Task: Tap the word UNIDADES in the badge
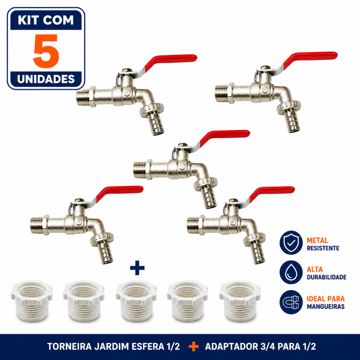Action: [x=46, y=79]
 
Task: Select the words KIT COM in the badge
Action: [x=46, y=20]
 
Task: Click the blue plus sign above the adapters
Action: [x=137, y=268]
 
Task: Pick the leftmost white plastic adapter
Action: [x=32, y=302]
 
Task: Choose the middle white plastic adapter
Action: [x=136, y=302]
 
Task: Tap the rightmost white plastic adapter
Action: [x=240, y=302]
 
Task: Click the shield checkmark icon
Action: [x=291, y=243]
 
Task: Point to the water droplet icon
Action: [x=291, y=272]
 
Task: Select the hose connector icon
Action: [x=291, y=302]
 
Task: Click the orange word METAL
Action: [x=317, y=240]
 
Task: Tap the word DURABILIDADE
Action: [x=327, y=277]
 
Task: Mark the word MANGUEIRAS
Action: [x=326, y=307]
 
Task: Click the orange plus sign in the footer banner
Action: [x=194, y=347]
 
